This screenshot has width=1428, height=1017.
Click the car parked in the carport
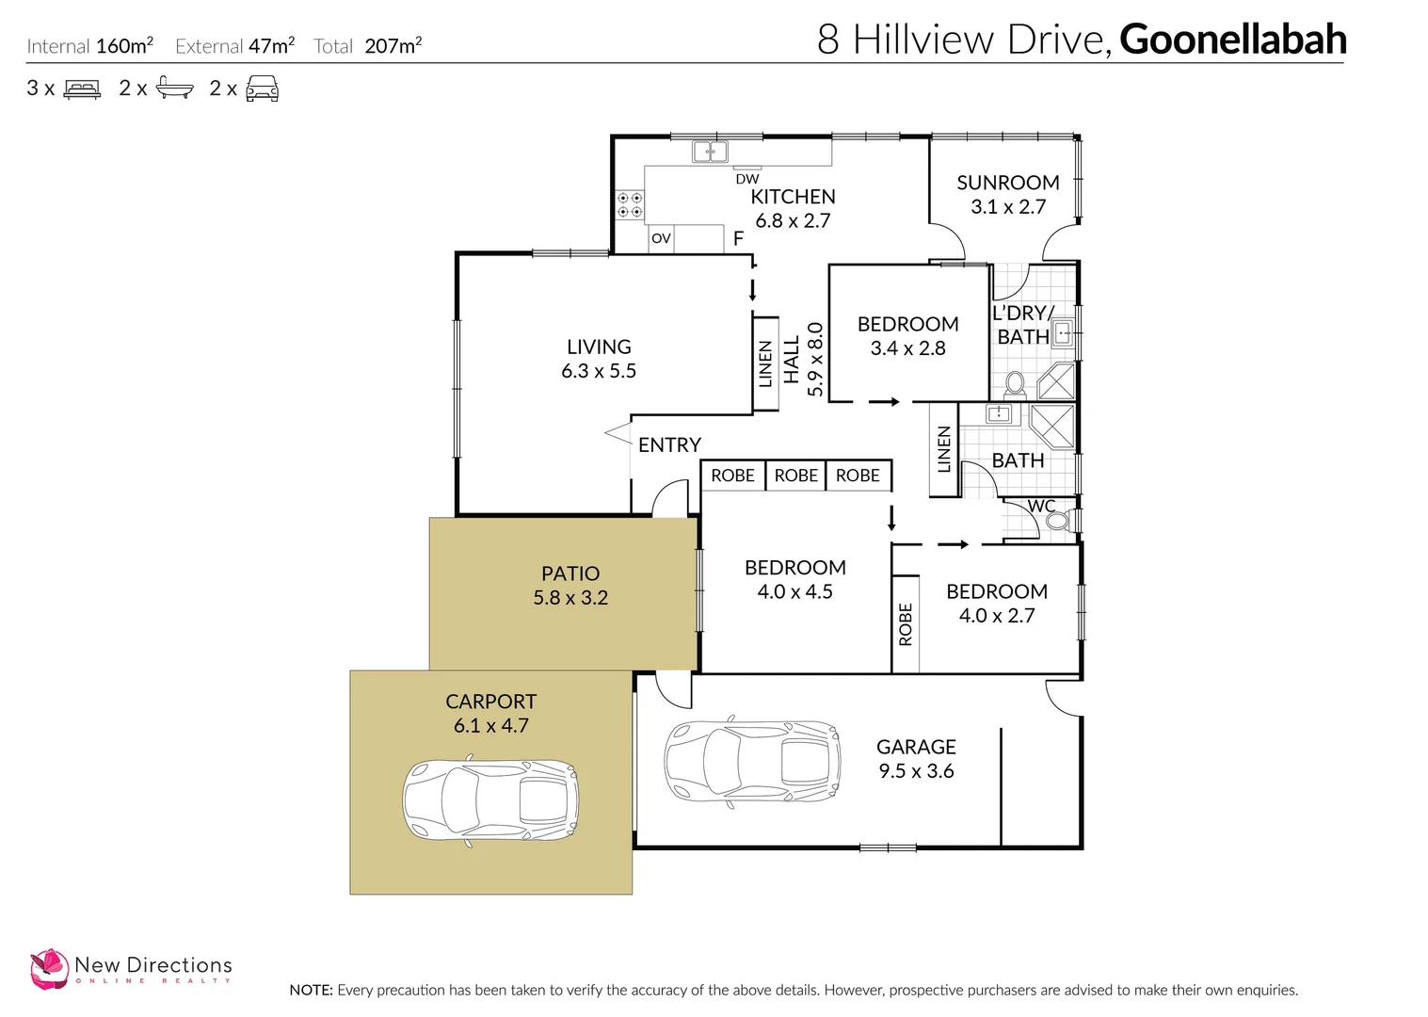tap(490, 801)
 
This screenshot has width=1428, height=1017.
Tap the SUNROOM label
tap(1007, 183)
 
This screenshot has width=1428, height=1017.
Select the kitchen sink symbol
tap(710, 152)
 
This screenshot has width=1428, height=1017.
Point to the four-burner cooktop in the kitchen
tap(630, 204)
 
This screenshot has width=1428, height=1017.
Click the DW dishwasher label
tap(747, 179)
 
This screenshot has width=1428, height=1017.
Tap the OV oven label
tap(661, 239)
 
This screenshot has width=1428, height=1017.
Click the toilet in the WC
tap(1057, 521)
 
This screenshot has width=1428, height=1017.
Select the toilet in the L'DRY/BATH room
tap(1015, 383)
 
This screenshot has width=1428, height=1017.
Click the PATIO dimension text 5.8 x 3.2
tap(570, 598)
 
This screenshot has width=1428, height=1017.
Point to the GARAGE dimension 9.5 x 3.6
tap(916, 771)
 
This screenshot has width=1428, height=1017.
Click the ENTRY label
tap(669, 444)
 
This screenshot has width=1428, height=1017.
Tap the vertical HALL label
tap(792, 359)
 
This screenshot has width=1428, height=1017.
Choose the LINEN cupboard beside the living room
tap(765, 363)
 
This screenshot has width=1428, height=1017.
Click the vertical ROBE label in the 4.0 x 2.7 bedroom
tap(906, 624)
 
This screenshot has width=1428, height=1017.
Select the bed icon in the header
tap(82, 89)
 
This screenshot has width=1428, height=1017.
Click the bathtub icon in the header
tap(174, 89)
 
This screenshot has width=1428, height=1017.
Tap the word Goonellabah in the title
tap(1232, 40)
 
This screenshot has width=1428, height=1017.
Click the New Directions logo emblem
tap(49, 969)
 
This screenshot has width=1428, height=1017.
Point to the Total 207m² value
tap(393, 46)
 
